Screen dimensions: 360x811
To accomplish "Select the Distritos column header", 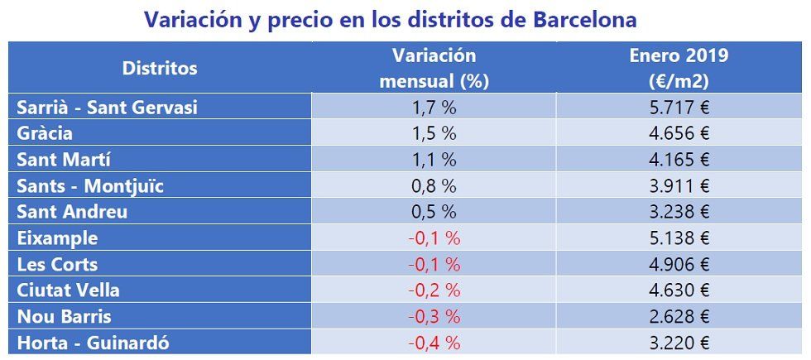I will click(160, 68).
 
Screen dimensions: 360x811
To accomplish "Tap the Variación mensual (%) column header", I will click(434, 68).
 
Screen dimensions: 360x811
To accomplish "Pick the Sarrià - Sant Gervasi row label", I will click(107, 107).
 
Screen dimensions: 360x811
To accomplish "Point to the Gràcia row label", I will click(45, 133).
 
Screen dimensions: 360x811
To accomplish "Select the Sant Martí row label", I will click(63, 160).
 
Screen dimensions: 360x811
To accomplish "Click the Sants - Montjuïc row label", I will click(90, 186).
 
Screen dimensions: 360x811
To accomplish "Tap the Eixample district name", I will click(57, 238).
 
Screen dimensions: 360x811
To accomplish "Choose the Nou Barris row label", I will click(64, 317).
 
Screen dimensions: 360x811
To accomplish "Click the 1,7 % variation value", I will click(434, 107).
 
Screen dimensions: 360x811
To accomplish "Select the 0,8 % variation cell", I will click(434, 186).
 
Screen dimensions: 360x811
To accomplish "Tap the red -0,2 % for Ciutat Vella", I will click(434, 290).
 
